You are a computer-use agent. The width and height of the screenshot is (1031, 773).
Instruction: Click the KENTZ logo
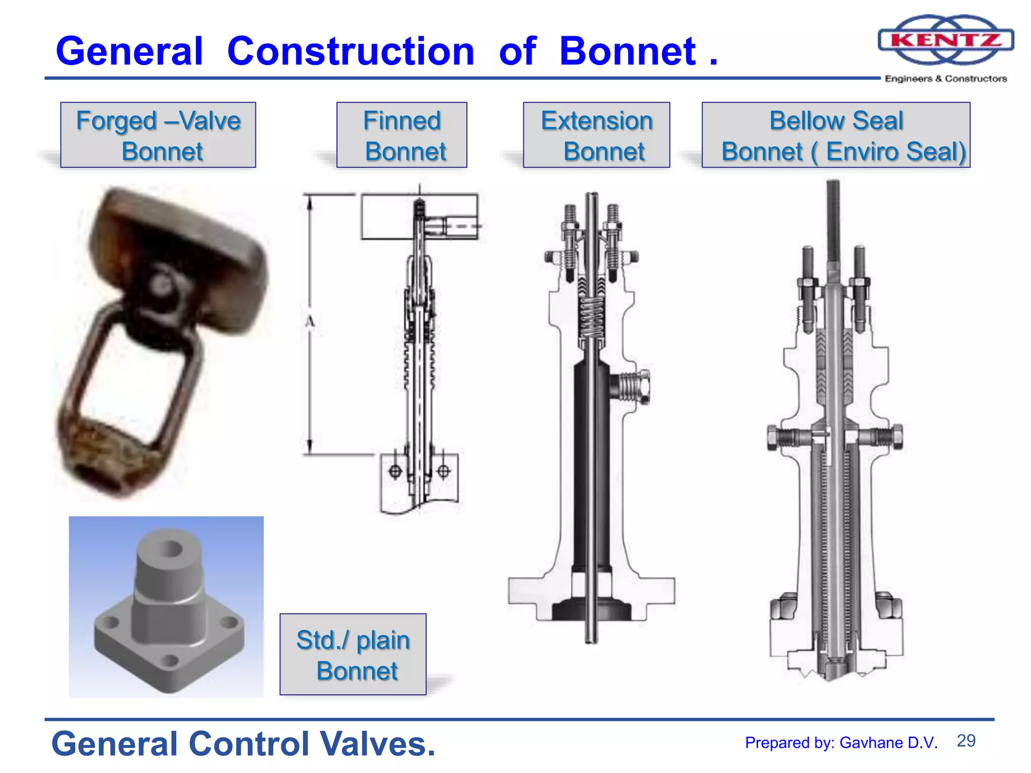pos(945,40)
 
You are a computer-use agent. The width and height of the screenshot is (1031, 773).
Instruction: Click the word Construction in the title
pos(350,51)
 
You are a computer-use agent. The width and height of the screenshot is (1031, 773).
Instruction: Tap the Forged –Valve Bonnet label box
pos(158,135)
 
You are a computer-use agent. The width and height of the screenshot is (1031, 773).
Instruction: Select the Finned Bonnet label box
pos(402,135)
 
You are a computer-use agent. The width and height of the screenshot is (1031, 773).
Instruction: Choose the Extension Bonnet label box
pos(597,135)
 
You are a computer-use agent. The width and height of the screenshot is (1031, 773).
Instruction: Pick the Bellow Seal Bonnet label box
pos(836,135)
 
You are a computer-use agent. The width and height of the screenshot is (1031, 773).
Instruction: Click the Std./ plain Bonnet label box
pos(353,654)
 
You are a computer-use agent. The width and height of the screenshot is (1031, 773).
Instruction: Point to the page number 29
pos(966,741)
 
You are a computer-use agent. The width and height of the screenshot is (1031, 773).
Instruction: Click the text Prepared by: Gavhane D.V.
pos(841,743)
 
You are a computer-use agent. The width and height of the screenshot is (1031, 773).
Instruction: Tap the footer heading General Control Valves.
pos(243,744)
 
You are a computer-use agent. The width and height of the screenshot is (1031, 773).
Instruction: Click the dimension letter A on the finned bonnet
pos(310,322)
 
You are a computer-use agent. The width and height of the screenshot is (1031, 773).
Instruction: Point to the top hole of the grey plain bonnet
pos(171,549)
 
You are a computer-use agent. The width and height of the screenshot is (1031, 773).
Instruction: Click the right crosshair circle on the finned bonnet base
pos(444,472)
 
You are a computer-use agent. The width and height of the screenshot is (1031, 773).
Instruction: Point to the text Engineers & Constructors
pos(945,79)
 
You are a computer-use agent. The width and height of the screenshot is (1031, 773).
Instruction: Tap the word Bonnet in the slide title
pos(628,51)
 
